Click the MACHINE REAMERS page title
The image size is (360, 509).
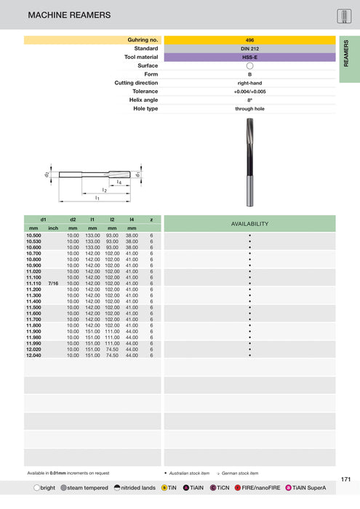tap(69, 15)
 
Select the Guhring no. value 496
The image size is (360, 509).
tap(249, 40)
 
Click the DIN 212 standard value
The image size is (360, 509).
tap(249, 49)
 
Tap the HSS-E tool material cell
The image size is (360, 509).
tap(249, 57)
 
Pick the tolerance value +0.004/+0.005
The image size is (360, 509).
tap(249, 92)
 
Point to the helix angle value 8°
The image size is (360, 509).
tap(249, 100)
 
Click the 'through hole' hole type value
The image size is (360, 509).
tap(249, 109)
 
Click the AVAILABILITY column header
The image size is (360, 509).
tap(249, 223)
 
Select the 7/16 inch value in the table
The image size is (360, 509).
tap(53, 284)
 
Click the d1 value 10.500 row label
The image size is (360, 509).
tap(34, 236)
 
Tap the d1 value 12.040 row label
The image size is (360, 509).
tap(34, 356)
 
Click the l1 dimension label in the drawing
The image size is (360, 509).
tap(97, 198)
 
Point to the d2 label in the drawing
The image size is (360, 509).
tap(46, 175)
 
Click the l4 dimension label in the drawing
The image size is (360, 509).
tap(119, 181)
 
